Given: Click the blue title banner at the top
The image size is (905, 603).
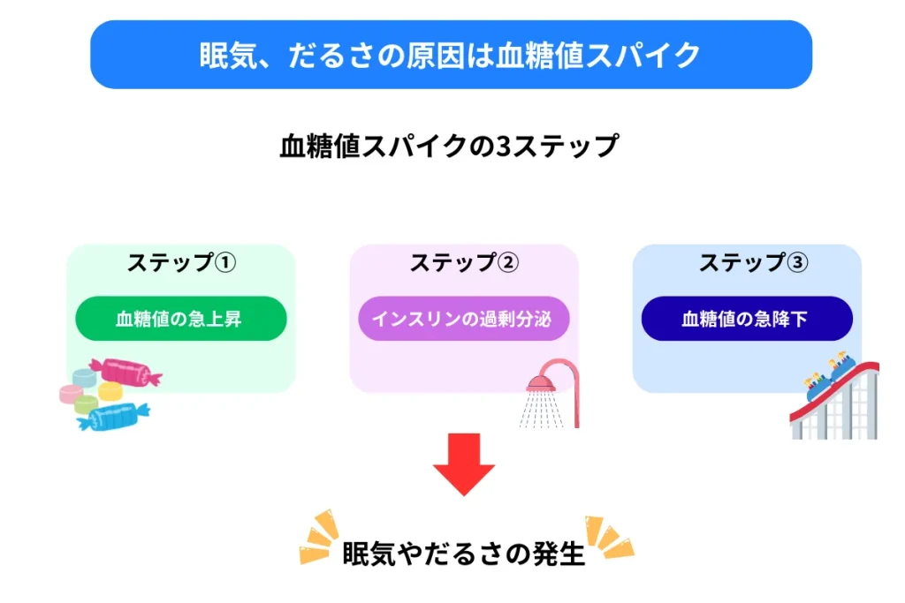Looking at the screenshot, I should click(451, 55).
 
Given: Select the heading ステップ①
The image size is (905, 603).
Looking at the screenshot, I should click(181, 263).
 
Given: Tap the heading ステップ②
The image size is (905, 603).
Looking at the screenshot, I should click(464, 263).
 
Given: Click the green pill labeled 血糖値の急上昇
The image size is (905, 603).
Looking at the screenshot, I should click(181, 319).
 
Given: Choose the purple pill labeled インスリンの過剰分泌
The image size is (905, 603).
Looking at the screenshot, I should click(464, 319).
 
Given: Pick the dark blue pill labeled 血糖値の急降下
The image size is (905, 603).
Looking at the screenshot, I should click(747, 319).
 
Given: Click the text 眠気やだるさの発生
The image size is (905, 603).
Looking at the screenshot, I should click(464, 554).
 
